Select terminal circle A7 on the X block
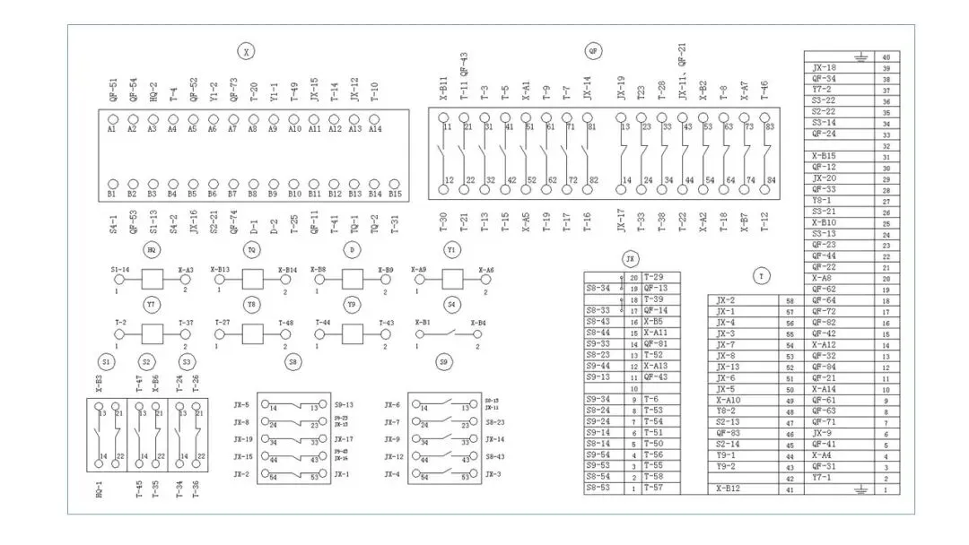click(232, 119)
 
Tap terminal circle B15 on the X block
click(396, 184)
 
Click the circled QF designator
click(593, 51)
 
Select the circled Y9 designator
click(352, 305)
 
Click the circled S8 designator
click(293, 362)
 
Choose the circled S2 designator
click(146, 362)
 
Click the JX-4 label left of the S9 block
click(392, 474)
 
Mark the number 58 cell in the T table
click(790, 301)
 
